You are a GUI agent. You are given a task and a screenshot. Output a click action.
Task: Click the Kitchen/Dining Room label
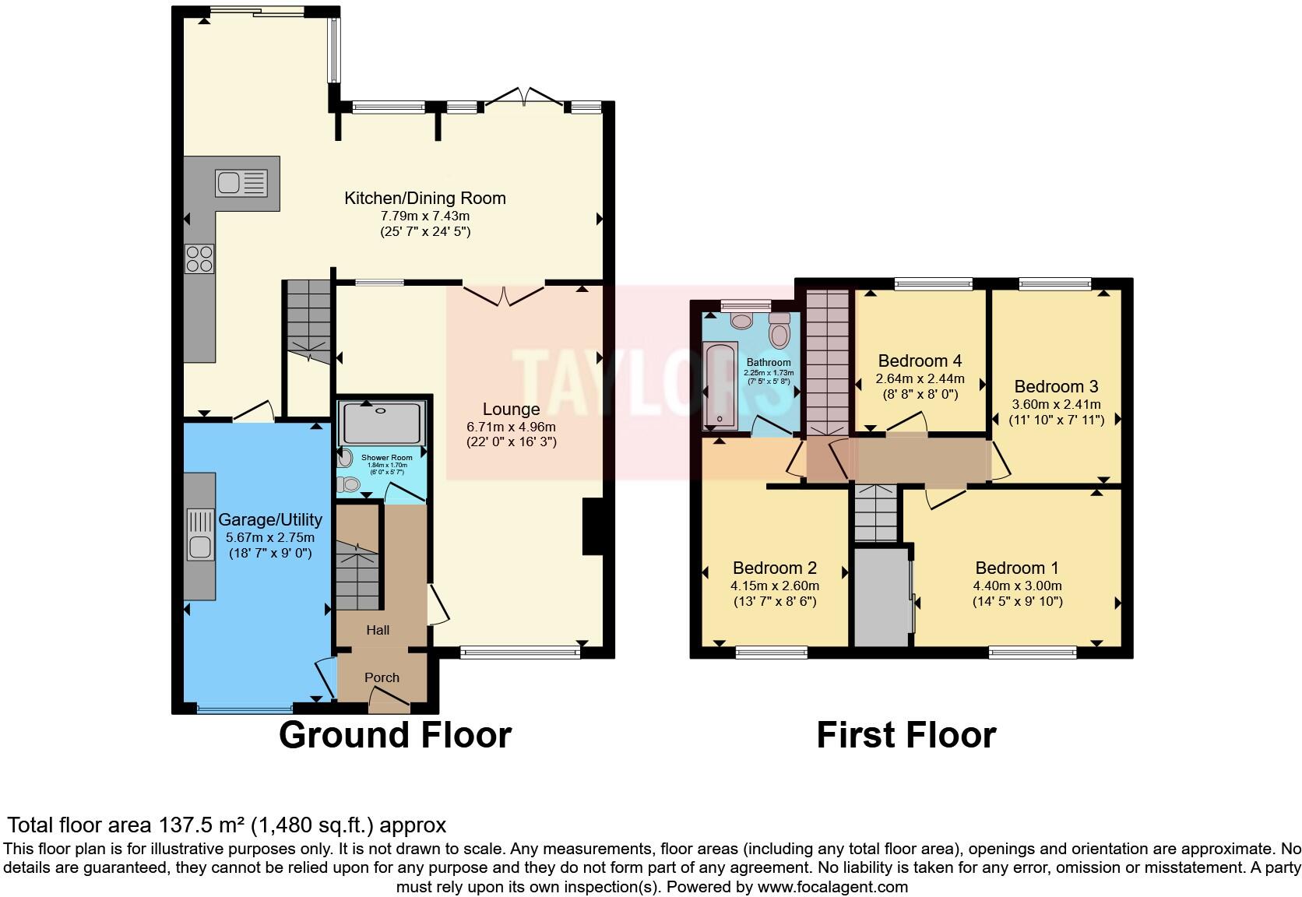(425, 198)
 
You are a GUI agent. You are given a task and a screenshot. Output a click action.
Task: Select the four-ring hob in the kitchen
(199, 259)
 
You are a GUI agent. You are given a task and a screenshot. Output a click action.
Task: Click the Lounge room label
(511, 410)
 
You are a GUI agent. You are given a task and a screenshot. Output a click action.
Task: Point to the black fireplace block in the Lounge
(593, 527)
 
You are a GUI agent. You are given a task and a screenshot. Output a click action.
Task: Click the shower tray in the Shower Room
(382, 424)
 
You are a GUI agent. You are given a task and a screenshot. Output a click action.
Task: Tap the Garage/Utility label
(270, 519)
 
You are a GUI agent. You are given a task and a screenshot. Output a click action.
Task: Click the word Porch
(382, 677)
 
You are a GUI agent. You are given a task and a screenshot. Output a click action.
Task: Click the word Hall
(378, 630)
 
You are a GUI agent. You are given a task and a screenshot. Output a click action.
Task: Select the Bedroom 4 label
(920, 361)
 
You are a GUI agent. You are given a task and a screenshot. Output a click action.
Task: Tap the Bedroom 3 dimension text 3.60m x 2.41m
(1056, 404)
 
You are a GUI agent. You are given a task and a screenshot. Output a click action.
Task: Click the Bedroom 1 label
(1017, 568)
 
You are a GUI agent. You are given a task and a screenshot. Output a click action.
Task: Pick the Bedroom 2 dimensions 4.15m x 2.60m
(775, 586)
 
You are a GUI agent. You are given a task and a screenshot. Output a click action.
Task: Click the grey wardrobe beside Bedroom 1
(881, 597)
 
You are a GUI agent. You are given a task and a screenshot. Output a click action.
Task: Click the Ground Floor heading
(395, 735)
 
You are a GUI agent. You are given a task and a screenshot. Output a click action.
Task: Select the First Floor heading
(906, 735)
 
